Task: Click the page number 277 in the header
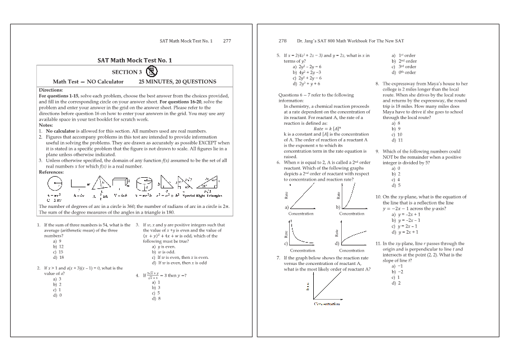click(x=227, y=41)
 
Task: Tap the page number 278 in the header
click(x=282, y=41)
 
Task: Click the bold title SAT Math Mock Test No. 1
click(x=134, y=60)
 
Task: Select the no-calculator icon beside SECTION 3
click(x=151, y=72)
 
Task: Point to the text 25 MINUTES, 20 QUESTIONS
click(x=177, y=82)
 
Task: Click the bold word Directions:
click(x=51, y=90)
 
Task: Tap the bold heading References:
click(x=51, y=172)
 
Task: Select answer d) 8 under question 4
click(x=156, y=299)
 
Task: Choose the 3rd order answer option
click(x=404, y=67)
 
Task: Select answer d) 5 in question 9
click(x=397, y=185)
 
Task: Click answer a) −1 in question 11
click(x=397, y=267)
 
